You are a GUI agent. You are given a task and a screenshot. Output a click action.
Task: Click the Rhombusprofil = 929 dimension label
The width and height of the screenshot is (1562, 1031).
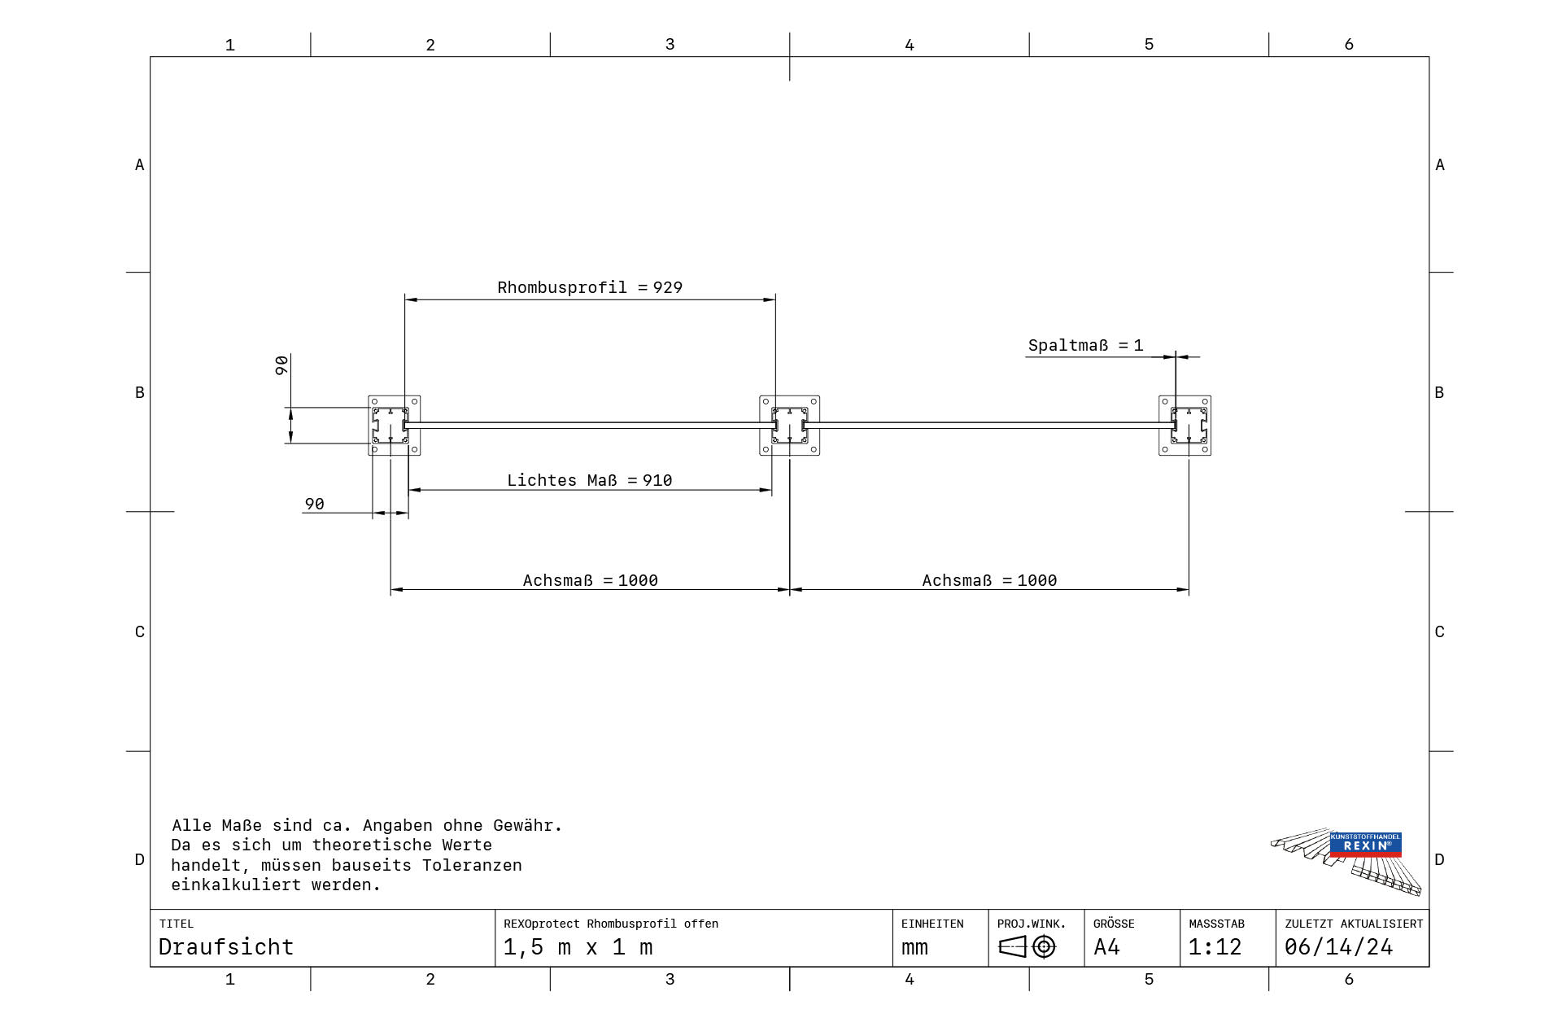[x=590, y=287]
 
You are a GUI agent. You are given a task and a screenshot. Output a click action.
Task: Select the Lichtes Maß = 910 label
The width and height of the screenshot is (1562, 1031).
[x=590, y=480]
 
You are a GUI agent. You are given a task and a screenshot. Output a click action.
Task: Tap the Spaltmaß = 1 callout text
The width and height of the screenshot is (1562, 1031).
[x=1085, y=345]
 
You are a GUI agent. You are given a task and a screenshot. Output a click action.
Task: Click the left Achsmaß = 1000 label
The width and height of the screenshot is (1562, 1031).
[x=590, y=580]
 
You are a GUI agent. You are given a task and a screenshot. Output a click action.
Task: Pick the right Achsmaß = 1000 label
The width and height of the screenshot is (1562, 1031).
[x=989, y=580]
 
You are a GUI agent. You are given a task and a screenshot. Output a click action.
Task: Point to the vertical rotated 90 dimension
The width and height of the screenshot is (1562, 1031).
[x=281, y=365]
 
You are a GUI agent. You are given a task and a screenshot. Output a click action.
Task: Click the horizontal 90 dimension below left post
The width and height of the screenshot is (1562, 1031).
[x=314, y=504]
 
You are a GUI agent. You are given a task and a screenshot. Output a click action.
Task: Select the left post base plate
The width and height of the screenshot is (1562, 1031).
[x=395, y=426]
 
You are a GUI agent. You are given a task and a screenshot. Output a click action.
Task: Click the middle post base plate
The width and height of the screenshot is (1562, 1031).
[x=789, y=426]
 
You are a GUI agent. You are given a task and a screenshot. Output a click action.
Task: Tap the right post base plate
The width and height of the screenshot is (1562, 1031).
[x=1185, y=426]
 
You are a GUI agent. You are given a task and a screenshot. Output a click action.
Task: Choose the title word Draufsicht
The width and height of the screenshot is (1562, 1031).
[x=225, y=947]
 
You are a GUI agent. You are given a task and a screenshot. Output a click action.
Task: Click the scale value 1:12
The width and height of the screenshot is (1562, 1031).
[x=1215, y=947]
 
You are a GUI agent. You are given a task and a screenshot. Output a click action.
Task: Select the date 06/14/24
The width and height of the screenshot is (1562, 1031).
[x=1338, y=947]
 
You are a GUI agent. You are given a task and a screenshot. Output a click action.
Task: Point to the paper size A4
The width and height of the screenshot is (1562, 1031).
[x=1106, y=947]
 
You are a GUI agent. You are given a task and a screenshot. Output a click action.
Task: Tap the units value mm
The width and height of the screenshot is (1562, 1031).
[x=914, y=948]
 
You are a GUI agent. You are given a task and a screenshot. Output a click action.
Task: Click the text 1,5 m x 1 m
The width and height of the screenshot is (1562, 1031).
[x=578, y=947]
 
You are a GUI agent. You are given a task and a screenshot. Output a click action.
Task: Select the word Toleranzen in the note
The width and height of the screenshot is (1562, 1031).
[x=472, y=865]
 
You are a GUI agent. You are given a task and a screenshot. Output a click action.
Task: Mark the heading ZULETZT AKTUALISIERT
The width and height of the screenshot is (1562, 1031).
[x=1354, y=924]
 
